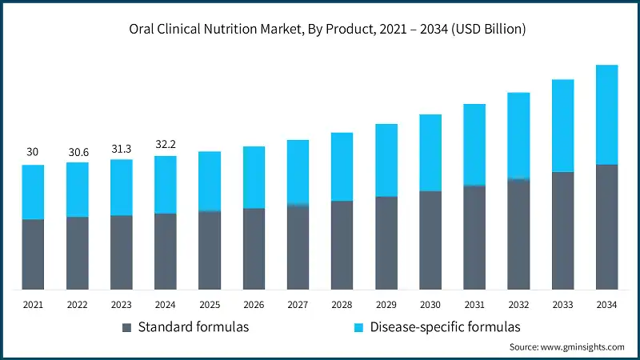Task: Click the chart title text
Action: click(320, 30)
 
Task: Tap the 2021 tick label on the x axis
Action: click(33, 305)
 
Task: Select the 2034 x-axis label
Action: click(606, 305)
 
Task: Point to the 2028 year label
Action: click(342, 305)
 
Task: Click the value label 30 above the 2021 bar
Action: click(33, 152)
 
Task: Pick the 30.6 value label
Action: click(78, 150)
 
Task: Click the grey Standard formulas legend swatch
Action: click(126, 327)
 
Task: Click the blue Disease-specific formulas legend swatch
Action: click(358, 327)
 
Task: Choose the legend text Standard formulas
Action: click(193, 327)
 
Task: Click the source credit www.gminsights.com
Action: click(566, 347)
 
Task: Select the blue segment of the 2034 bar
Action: click(606, 114)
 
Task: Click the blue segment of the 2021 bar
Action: click(33, 192)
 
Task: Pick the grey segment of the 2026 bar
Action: click(254, 249)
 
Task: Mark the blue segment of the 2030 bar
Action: click(430, 153)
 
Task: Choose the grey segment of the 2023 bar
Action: click(122, 252)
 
